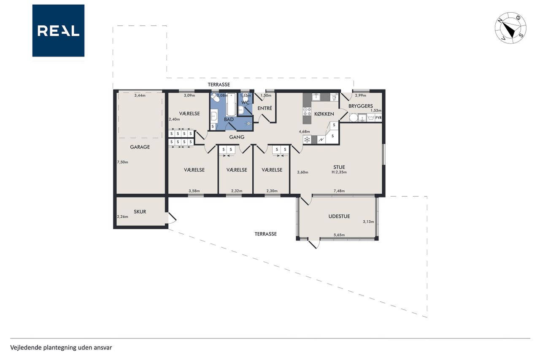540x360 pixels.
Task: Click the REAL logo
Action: click(58, 31)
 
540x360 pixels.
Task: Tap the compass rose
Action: click(510, 28)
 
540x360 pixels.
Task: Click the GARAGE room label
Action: click(140, 147)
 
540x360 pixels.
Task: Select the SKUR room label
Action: click(140, 212)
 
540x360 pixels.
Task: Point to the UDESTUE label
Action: click(339, 216)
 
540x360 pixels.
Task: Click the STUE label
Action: click(339, 167)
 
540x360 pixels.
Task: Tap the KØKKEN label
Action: click(324, 114)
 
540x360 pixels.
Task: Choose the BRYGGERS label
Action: click(361, 106)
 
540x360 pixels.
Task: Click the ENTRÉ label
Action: click(265, 108)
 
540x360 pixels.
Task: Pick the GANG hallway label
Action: click(237, 137)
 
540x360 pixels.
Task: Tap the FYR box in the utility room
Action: click(378, 118)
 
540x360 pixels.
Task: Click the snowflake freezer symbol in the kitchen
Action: click(307, 140)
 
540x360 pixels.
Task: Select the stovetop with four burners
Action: click(307, 111)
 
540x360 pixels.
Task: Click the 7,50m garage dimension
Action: click(122, 162)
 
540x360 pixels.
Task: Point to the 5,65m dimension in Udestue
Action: click(339, 235)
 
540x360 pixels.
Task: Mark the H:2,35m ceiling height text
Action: click(339, 172)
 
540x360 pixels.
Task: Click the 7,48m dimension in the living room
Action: click(339, 191)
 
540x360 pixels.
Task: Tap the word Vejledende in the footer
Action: click(26, 348)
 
